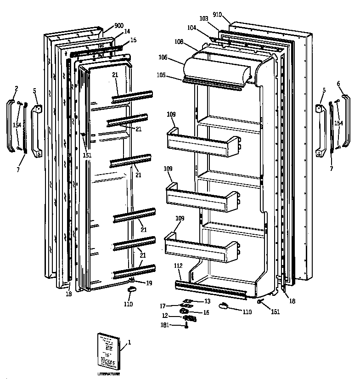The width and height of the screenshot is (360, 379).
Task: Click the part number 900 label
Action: (x=119, y=25)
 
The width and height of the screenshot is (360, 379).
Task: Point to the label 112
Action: (x=178, y=266)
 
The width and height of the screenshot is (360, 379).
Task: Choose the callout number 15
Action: (x=133, y=40)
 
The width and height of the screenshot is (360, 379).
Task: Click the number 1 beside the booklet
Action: (x=129, y=342)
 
